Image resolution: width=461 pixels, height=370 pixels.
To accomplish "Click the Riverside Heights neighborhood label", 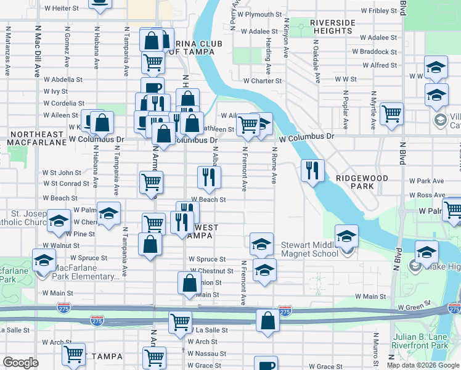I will (332, 27).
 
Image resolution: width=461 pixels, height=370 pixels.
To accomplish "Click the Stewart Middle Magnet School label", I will (311, 249).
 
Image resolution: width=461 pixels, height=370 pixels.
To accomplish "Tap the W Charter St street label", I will (262, 80).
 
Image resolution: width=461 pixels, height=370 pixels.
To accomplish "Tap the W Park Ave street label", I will (426, 181).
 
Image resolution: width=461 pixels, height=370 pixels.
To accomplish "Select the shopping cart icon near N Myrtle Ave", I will (391, 113).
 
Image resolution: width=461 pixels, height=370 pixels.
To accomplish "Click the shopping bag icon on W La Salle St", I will (267, 321).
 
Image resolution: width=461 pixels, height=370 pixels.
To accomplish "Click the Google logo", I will (20, 363).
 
